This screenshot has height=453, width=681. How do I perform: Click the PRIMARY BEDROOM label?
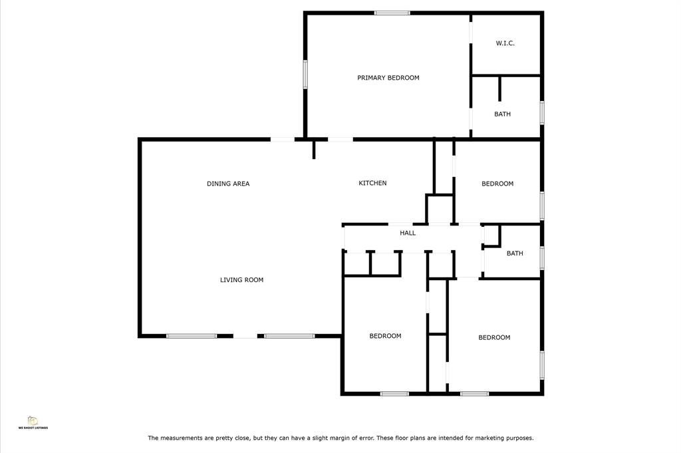tap(388, 78)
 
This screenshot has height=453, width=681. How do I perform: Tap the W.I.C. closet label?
tap(505, 43)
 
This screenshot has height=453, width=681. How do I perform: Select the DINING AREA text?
tap(228, 184)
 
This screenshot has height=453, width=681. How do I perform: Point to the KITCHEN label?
tap(372, 183)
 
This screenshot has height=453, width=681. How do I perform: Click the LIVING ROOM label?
tap(241, 279)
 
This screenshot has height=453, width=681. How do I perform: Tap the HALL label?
tap(408, 233)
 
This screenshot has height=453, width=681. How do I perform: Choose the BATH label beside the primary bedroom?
tap(503, 114)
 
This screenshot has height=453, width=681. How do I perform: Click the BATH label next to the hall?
tap(515, 253)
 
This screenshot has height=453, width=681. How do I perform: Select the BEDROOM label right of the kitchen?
tap(497, 184)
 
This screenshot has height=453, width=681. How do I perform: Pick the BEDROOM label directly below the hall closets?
tap(385, 336)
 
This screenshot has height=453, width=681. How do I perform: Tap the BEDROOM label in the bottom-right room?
tap(494, 337)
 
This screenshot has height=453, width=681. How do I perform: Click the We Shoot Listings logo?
tap(33, 422)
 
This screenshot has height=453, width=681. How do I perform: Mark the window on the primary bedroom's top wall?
tap(392, 13)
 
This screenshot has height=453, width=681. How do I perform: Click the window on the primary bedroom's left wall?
tap(305, 75)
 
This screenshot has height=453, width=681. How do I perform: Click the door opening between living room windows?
tap(245, 336)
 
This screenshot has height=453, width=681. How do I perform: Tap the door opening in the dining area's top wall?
tap(283, 140)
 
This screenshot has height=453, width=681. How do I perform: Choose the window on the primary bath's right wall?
tap(542, 112)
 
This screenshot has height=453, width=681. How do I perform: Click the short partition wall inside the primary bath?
tap(500, 89)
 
